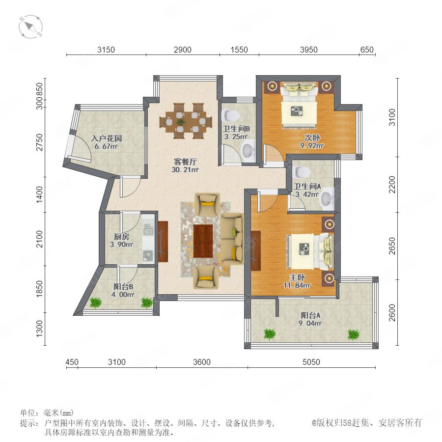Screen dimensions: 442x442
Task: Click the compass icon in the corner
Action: tap(30, 27)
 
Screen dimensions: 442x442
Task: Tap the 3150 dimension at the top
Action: tap(106, 50)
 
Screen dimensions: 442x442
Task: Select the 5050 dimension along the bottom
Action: tap(311, 362)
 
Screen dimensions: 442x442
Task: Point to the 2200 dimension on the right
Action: tap(392, 185)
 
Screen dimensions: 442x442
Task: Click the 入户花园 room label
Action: tap(107, 138)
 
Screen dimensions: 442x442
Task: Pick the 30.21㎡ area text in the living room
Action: tap(185, 170)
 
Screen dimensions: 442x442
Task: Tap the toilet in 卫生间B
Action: tap(231, 115)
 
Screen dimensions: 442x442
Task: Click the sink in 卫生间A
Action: tap(327, 199)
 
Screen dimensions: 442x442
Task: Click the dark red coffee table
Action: tap(203, 241)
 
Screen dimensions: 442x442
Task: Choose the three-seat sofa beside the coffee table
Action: tap(232, 239)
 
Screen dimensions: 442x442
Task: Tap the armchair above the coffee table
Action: tap(207, 204)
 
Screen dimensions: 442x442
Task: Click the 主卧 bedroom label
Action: tap(297, 277)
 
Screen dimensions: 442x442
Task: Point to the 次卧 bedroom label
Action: tap(312, 138)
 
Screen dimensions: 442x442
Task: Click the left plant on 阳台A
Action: tap(270, 334)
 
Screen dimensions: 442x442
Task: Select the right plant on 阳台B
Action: tap(146, 303)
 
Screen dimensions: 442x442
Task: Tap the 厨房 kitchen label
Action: tap(121, 237)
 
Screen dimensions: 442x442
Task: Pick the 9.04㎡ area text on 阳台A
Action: tap(310, 323)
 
